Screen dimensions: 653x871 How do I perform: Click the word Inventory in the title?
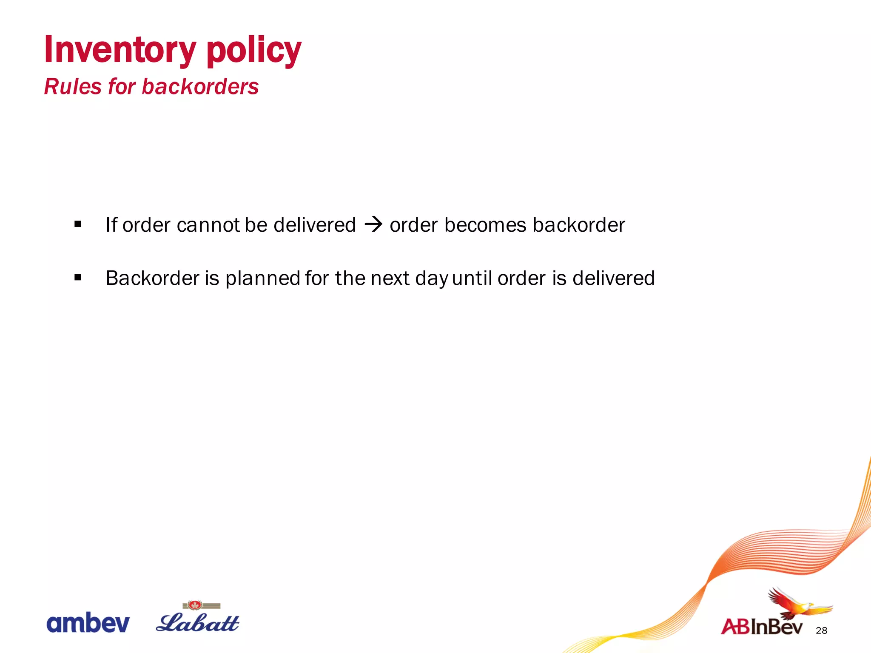pyautogui.click(x=120, y=50)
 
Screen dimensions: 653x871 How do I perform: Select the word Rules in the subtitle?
pyautogui.click(x=73, y=87)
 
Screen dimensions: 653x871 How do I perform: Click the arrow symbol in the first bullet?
pyautogui.click(x=373, y=224)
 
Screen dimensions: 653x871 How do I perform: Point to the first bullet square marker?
pyautogui.click(x=77, y=224)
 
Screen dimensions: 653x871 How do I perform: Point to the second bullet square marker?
pyautogui.click(x=77, y=278)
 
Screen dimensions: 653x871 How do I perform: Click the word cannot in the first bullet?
pyautogui.click(x=208, y=225)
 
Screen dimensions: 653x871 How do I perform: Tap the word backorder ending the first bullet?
pyautogui.click(x=579, y=225)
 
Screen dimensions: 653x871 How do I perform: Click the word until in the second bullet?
pyautogui.click(x=472, y=278)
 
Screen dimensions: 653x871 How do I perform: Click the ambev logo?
pyautogui.click(x=88, y=623)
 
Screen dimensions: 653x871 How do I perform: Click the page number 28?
pyautogui.click(x=822, y=630)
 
